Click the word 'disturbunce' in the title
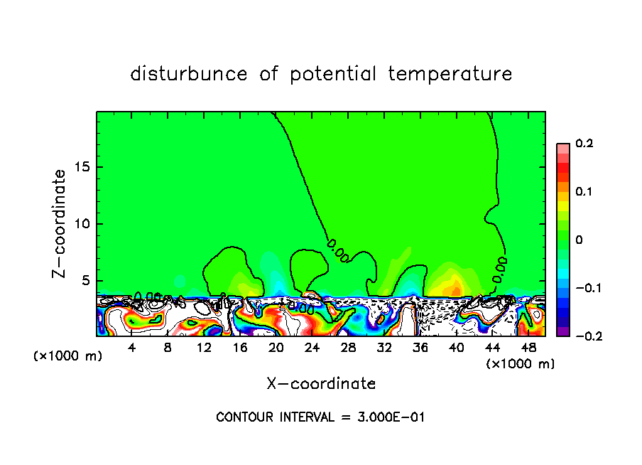point(189,74)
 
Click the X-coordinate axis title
point(321,384)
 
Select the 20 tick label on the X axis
point(276,348)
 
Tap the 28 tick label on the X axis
point(348,348)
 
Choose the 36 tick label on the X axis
point(420,348)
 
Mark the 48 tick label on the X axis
point(528,348)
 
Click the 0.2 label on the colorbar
point(584,144)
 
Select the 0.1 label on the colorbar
point(584,192)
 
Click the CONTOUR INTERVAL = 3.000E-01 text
point(320,417)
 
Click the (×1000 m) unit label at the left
point(68,356)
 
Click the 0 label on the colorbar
point(579,240)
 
